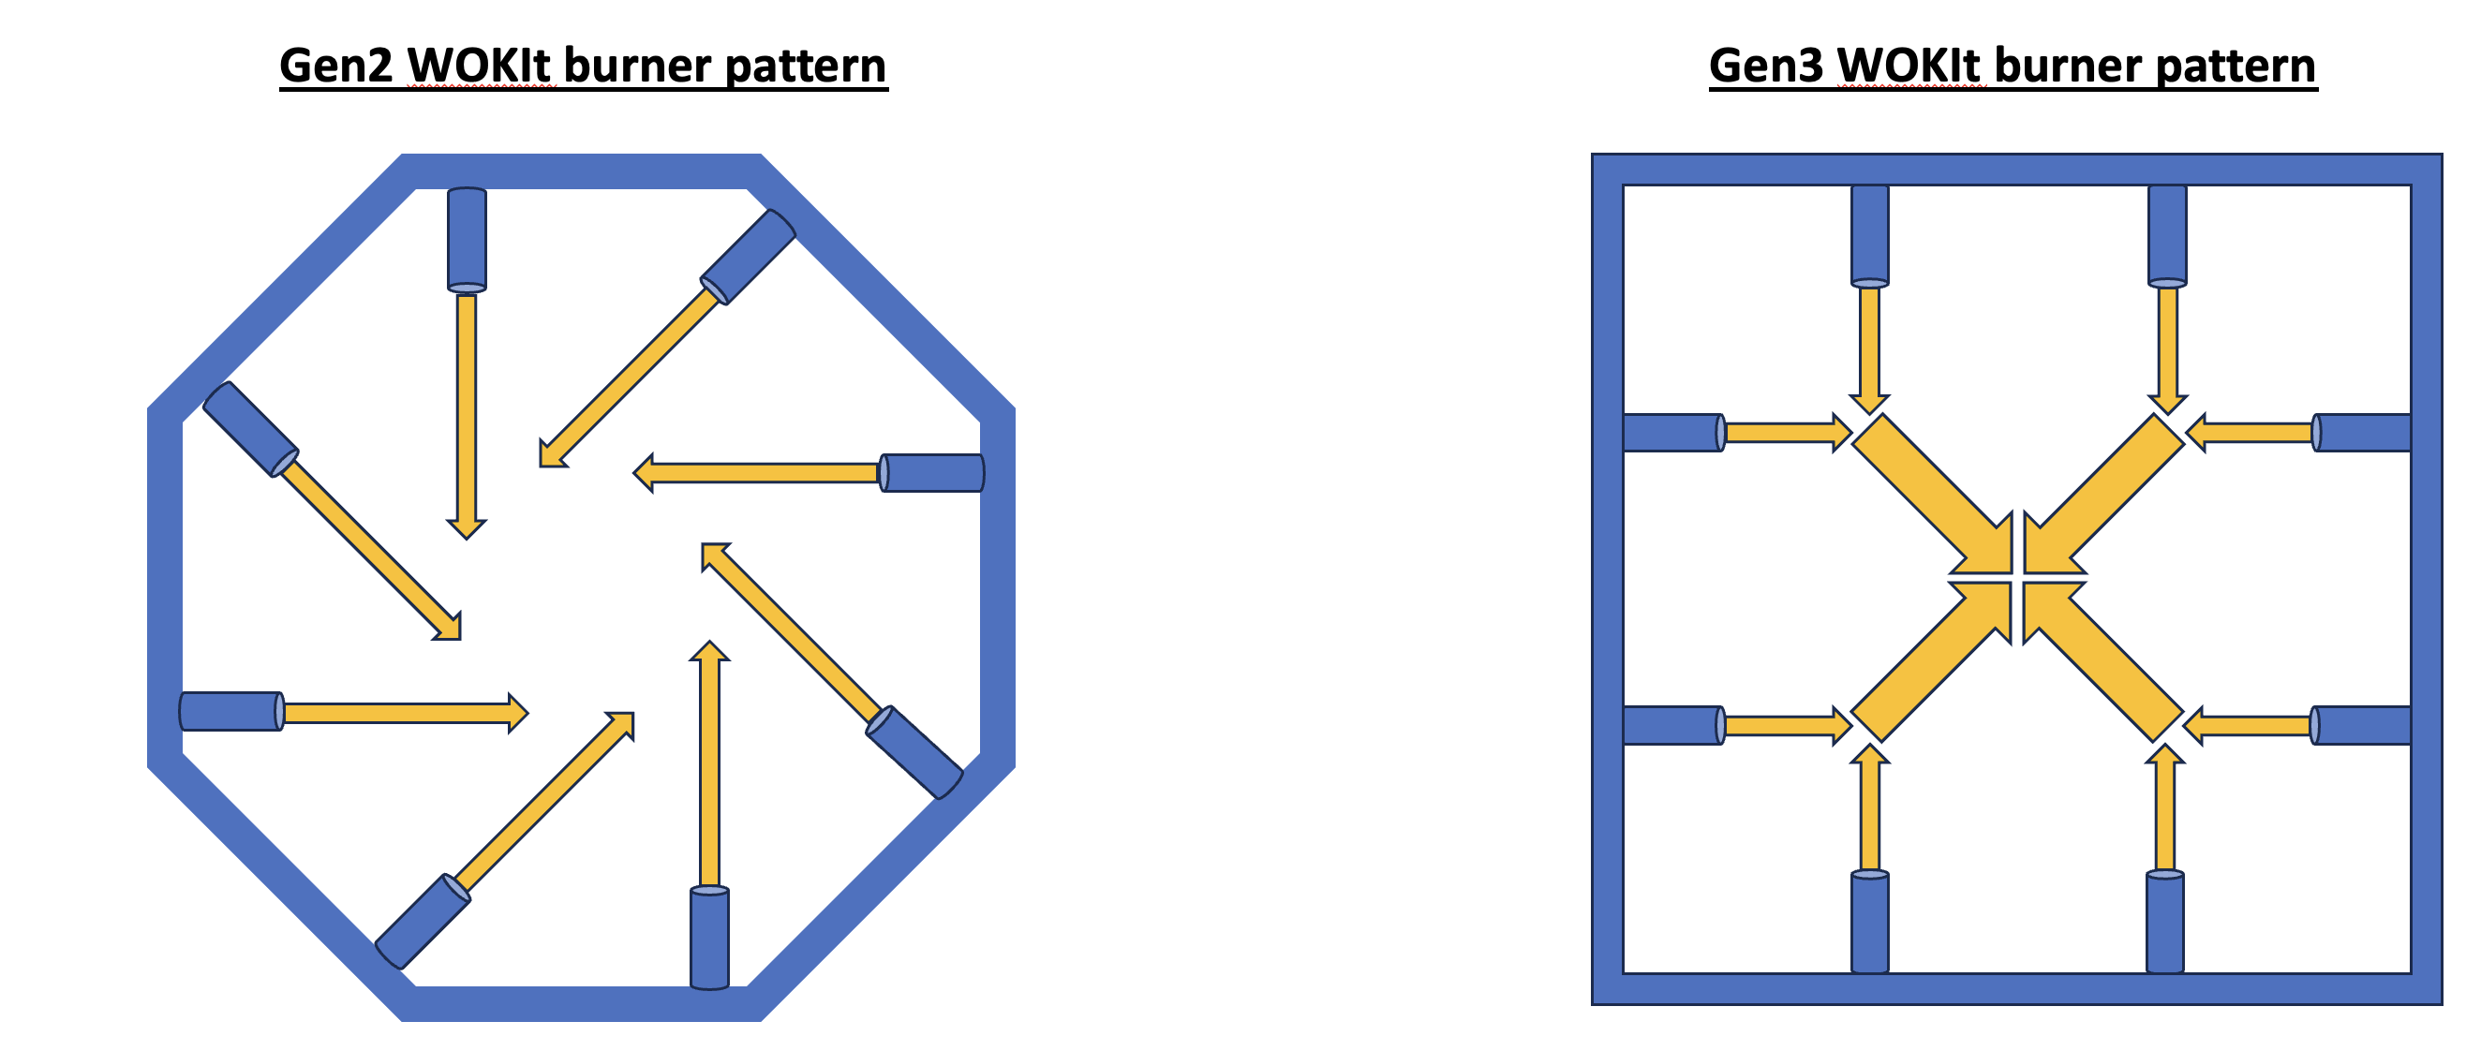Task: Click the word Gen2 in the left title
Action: coord(335,67)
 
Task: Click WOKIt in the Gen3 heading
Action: coord(1909,67)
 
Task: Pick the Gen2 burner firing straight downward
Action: coord(468,238)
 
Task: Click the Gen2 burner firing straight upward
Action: coord(709,938)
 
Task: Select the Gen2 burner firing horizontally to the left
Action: coord(931,473)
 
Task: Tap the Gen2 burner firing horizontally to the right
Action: coord(231,711)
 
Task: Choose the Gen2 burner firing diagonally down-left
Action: coord(748,257)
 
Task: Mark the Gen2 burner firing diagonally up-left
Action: coord(914,752)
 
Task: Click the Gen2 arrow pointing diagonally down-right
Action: coord(368,545)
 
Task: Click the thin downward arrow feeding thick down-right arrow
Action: coord(1869,348)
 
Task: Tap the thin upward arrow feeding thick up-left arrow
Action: coord(2164,808)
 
